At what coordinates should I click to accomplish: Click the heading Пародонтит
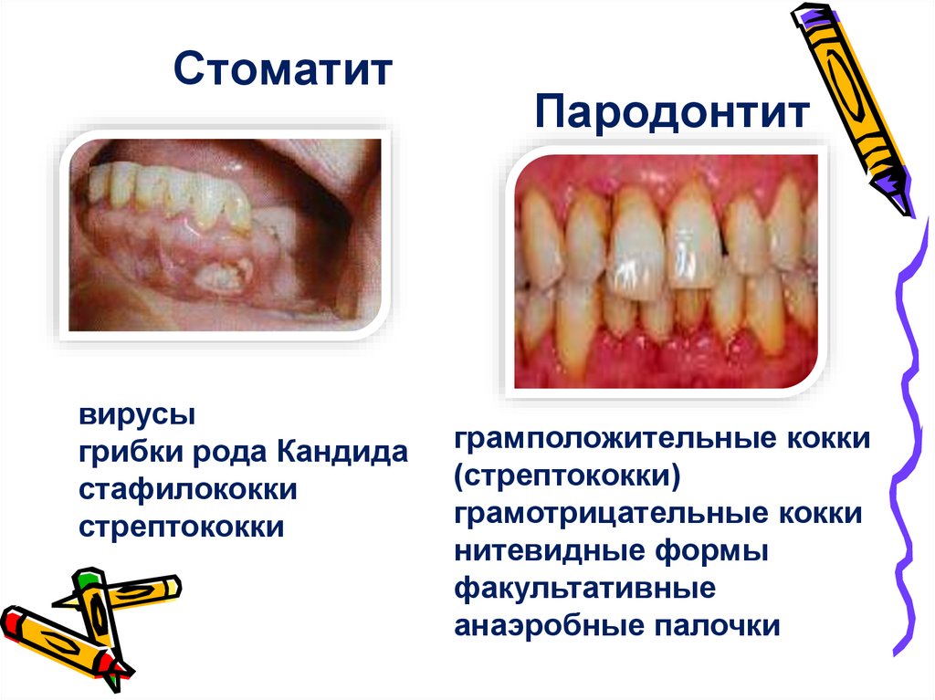coord(672,114)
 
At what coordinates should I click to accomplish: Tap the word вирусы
coord(136,416)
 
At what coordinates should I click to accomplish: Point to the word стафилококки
coord(188,489)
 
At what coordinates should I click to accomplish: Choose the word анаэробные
coord(548,626)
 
